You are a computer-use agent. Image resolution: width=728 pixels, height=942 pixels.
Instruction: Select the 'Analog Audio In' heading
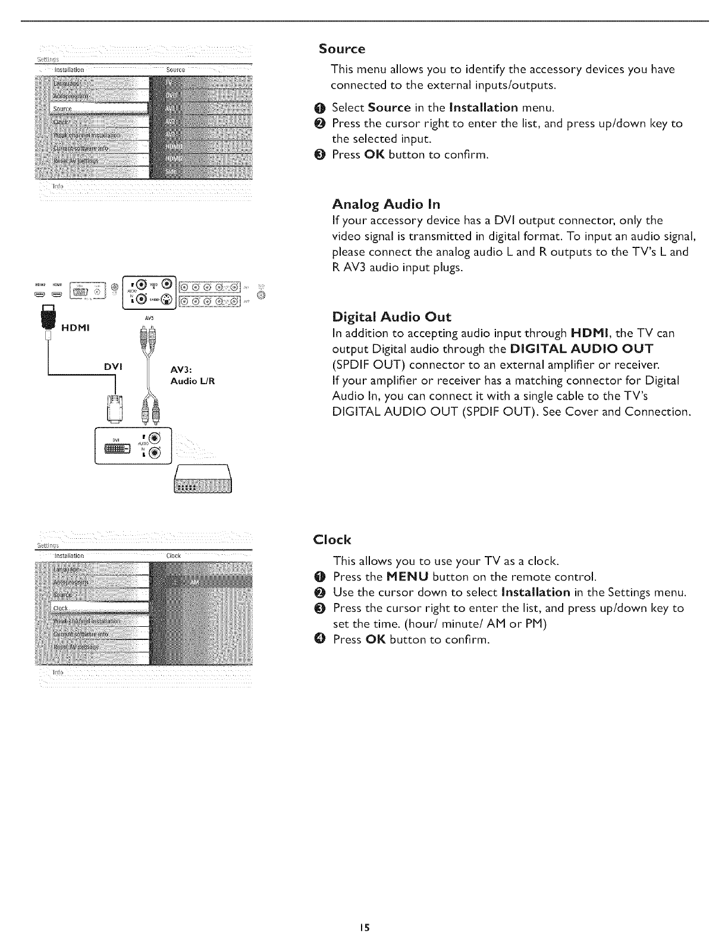point(386,205)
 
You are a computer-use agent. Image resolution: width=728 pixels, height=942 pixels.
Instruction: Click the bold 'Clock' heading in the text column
point(332,540)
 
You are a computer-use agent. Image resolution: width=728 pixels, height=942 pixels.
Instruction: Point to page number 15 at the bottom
point(364,927)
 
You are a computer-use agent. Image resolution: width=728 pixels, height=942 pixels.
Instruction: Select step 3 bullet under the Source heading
point(323,155)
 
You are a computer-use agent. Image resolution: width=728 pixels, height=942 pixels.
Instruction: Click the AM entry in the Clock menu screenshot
point(194,583)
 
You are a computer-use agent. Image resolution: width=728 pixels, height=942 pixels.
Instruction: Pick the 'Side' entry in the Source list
point(172,171)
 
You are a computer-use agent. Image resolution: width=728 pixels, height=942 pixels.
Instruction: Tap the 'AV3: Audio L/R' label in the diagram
point(192,376)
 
